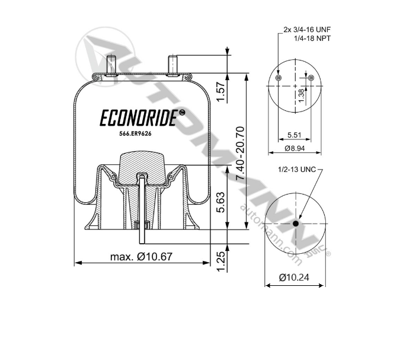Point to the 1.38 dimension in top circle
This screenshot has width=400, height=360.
[x=301, y=95]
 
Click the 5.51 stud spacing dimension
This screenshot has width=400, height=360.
[x=295, y=135]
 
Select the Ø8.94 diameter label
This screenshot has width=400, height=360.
[x=295, y=148]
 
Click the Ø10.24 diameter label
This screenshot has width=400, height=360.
[x=294, y=277]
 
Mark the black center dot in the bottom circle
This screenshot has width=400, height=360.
[x=295, y=224]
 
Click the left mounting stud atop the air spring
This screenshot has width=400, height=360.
[x=110, y=65]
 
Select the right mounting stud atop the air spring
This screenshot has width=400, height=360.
[x=172, y=65]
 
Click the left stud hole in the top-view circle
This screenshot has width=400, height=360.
[x=279, y=79]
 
